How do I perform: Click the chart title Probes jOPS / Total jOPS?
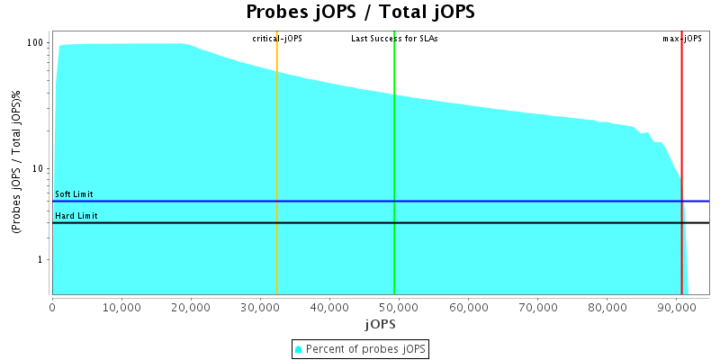point(360,13)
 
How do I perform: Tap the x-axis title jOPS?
point(379,323)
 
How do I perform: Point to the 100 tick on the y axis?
point(36,43)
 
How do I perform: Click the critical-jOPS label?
point(277,39)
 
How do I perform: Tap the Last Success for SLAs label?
point(394,39)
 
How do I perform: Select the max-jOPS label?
point(682,39)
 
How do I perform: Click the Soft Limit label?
point(74,194)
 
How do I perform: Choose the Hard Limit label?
point(76,216)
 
